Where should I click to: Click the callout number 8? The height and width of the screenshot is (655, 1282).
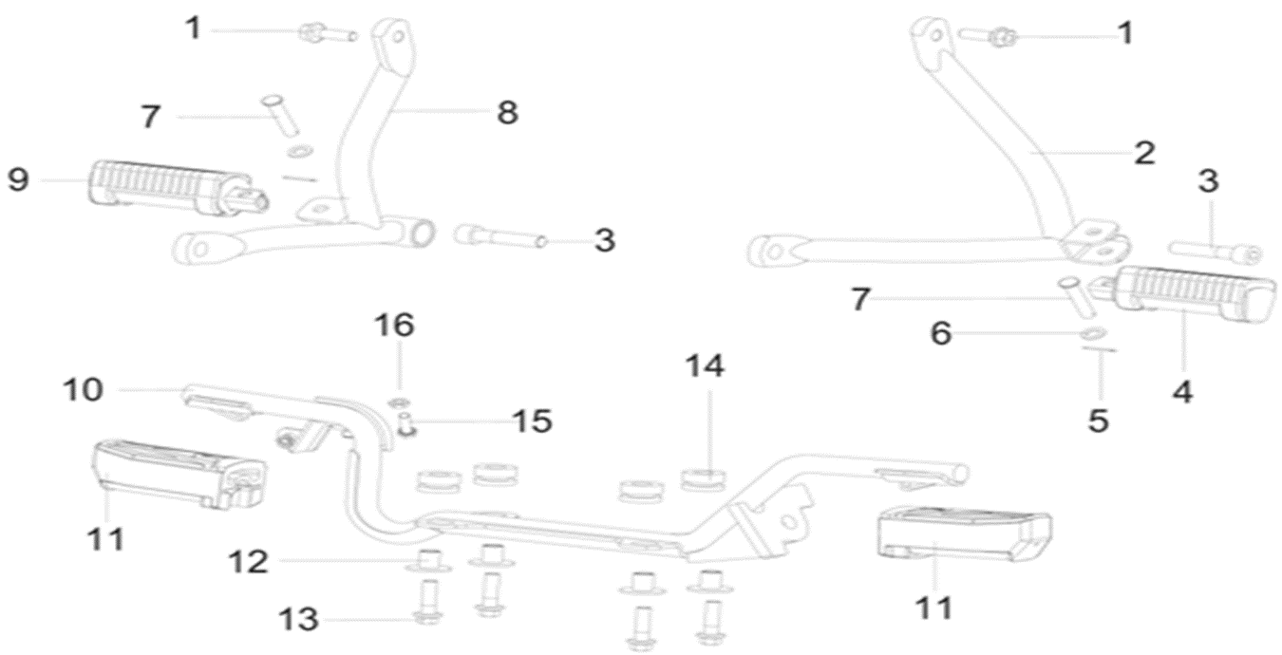[506, 113]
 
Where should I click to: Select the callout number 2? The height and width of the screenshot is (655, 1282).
[1143, 152]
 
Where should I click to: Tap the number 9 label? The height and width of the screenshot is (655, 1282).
[19, 180]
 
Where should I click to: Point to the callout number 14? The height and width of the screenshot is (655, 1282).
[704, 365]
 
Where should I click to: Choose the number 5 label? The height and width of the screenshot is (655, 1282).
[1098, 421]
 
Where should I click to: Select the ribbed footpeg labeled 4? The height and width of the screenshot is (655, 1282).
[1182, 293]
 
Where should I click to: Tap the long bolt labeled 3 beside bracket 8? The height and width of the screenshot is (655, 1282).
[500, 234]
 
